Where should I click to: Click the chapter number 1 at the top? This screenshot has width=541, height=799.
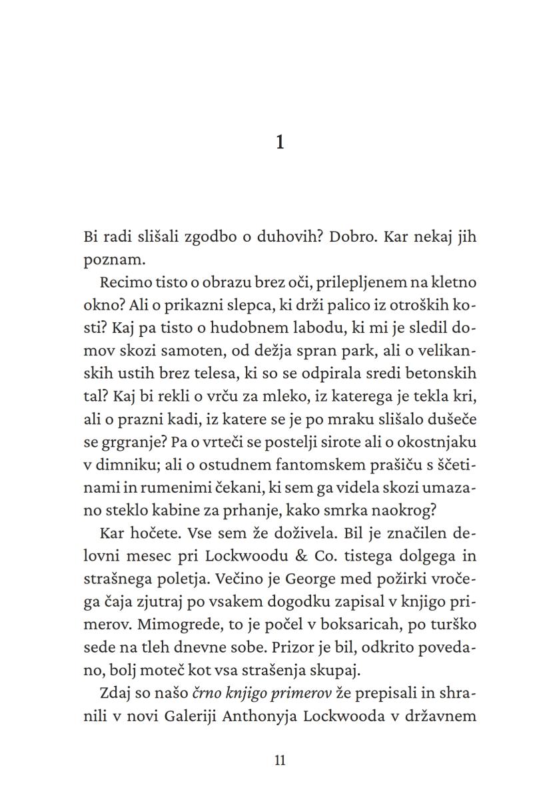[280, 142]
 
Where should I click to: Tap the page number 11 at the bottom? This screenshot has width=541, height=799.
[280, 760]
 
